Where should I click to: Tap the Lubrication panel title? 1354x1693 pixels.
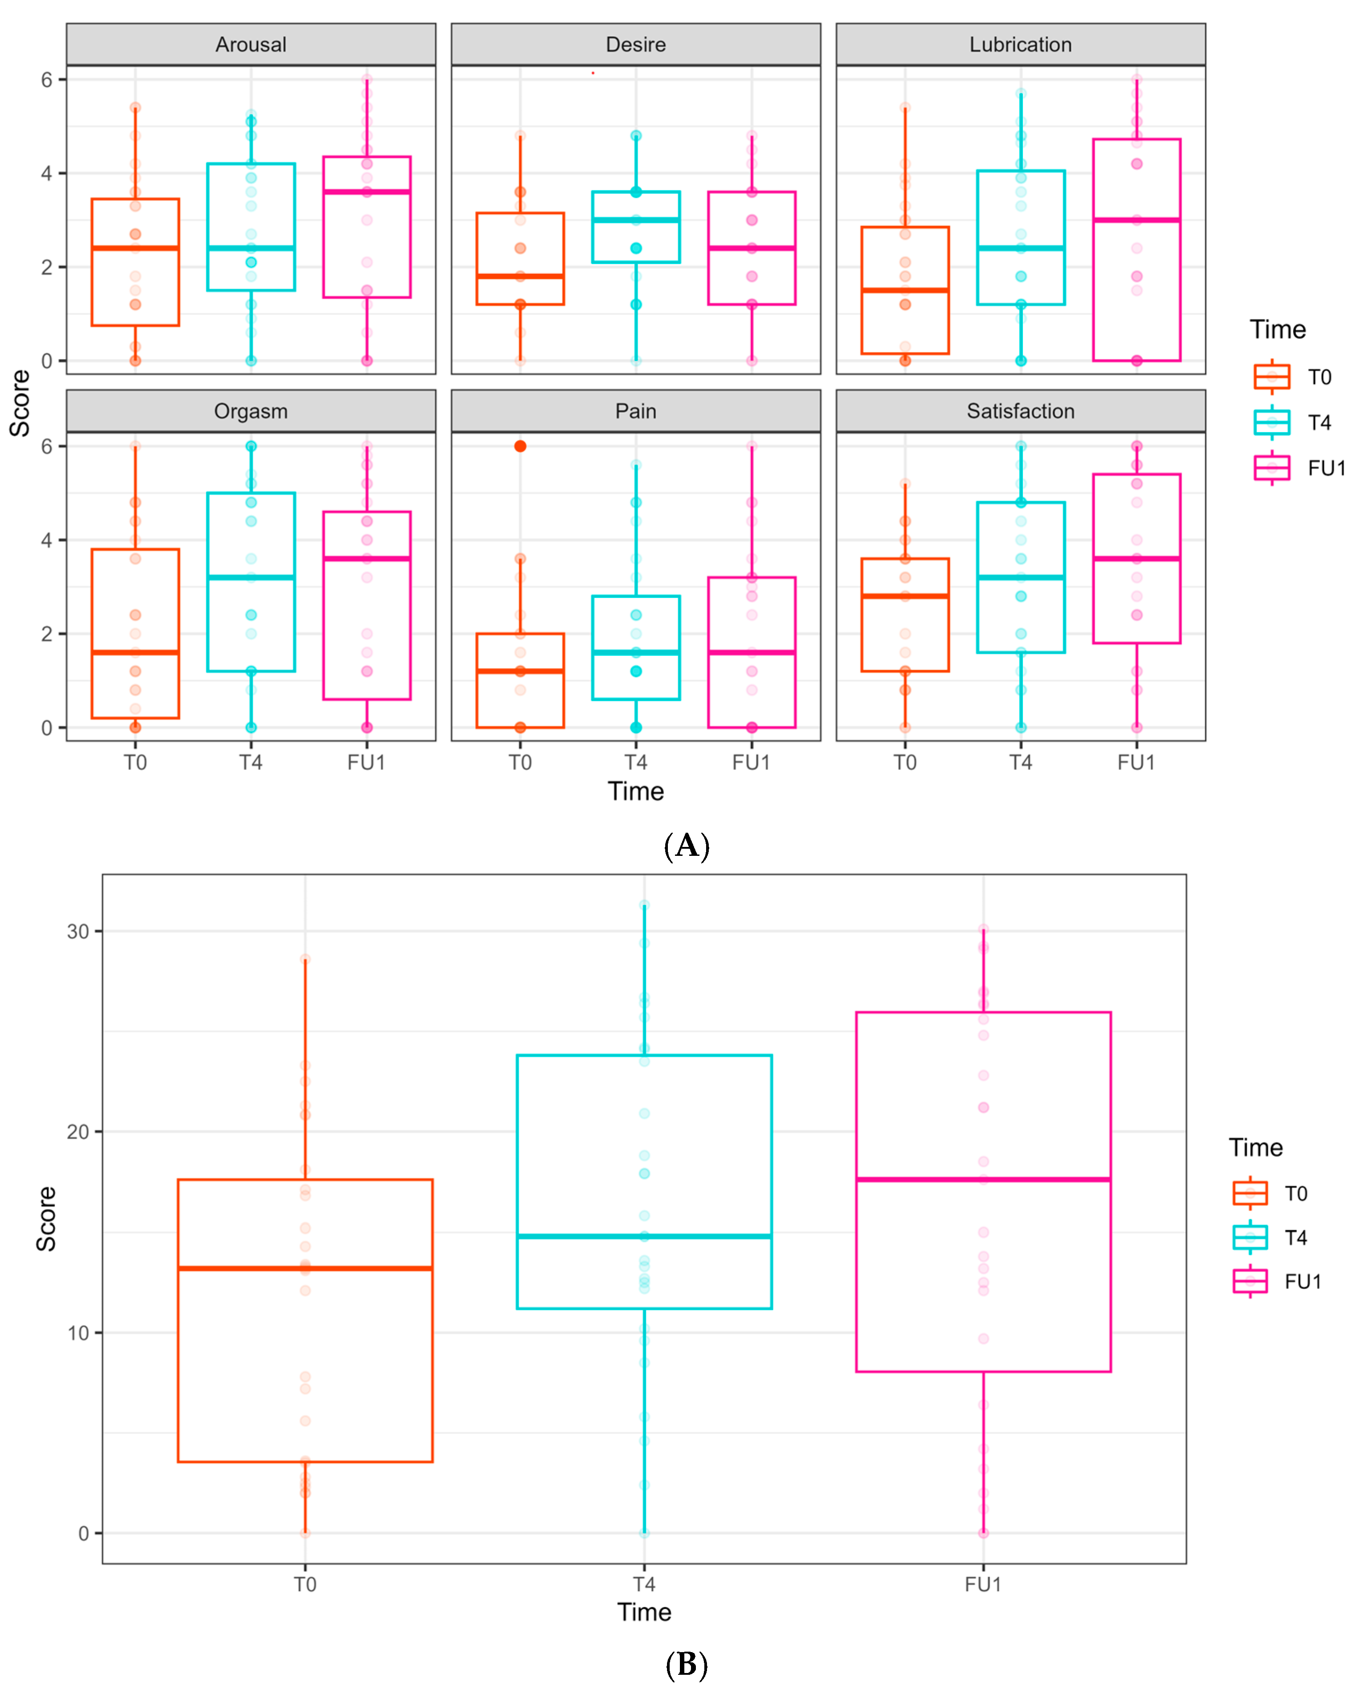[x=1020, y=45]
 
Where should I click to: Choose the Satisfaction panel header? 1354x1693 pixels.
[x=1020, y=412]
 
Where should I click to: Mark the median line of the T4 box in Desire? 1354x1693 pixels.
[x=636, y=220]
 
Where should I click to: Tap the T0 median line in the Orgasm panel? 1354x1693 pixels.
[x=135, y=653]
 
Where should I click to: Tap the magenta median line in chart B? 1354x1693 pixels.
[x=983, y=1179]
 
